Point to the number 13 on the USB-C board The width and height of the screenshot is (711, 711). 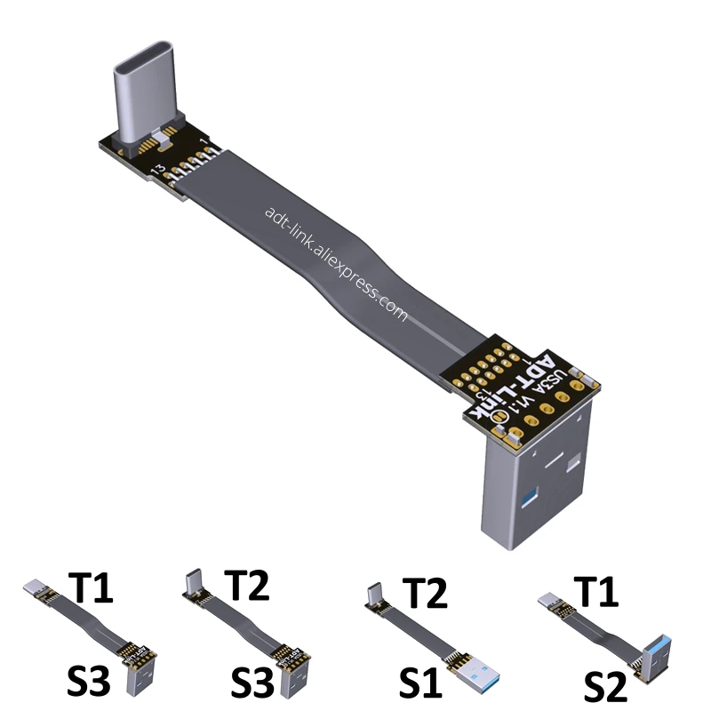[157, 168]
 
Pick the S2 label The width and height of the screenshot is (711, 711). [608, 687]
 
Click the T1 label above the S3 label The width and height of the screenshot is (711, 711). [91, 590]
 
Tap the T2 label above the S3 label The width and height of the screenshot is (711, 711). [246, 587]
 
